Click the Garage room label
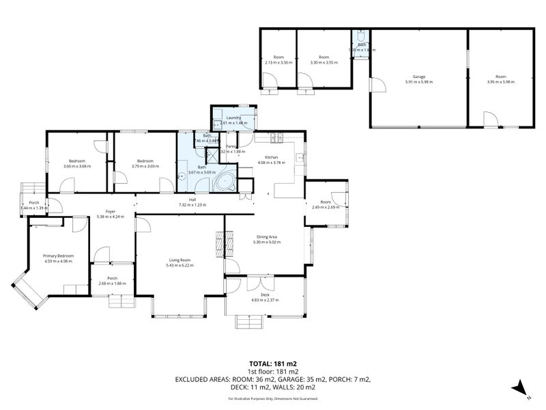(x=418, y=77)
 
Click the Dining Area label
(x=267, y=237)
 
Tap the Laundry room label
(x=234, y=118)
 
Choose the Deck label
(x=265, y=295)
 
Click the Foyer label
(x=109, y=210)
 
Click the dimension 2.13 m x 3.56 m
(x=278, y=62)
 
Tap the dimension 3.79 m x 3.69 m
(x=145, y=166)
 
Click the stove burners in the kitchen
(x=278, y=139)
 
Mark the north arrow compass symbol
(x=520, y=387)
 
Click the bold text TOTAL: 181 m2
(x=273, y=364)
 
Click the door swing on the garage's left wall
(x=375, y=85)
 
